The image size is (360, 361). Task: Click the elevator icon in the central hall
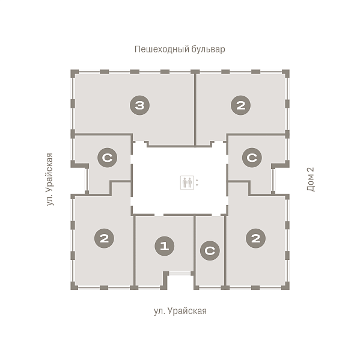[187, 182]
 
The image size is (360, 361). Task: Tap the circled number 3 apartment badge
[139, 105]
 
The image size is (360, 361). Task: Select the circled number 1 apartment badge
[165, 246]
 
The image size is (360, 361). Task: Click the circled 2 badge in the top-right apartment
[240, 105]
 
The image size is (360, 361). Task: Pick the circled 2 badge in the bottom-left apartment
[104, 238]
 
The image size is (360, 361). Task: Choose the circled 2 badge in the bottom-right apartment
[255, 238]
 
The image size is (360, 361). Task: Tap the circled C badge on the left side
[108, 158]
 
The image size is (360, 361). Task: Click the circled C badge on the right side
[252, 158]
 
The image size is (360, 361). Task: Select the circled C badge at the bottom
[210, 251]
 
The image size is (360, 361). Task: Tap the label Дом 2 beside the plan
[311, 179]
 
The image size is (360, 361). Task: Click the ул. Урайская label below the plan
[180, 311]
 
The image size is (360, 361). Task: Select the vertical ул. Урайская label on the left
[49, 179]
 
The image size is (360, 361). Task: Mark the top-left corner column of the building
[75, 73]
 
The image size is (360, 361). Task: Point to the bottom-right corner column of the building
[285, 285]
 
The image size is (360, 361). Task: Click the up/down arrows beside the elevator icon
[197, 182]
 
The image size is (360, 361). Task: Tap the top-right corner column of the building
[285, 73]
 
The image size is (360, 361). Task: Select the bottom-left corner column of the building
[75, 285]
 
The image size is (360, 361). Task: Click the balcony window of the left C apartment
[87, 179]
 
